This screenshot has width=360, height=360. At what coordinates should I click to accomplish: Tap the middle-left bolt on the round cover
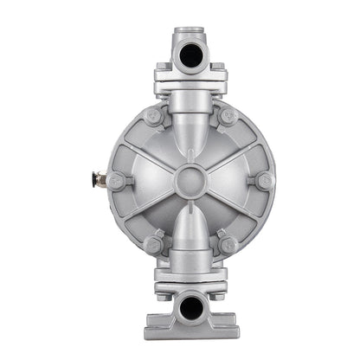click(x=116, y=180)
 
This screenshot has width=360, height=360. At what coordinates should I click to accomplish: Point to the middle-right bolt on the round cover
click(x=264, y=180)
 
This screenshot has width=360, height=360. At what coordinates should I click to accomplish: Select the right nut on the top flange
click(x=218, y=67)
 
